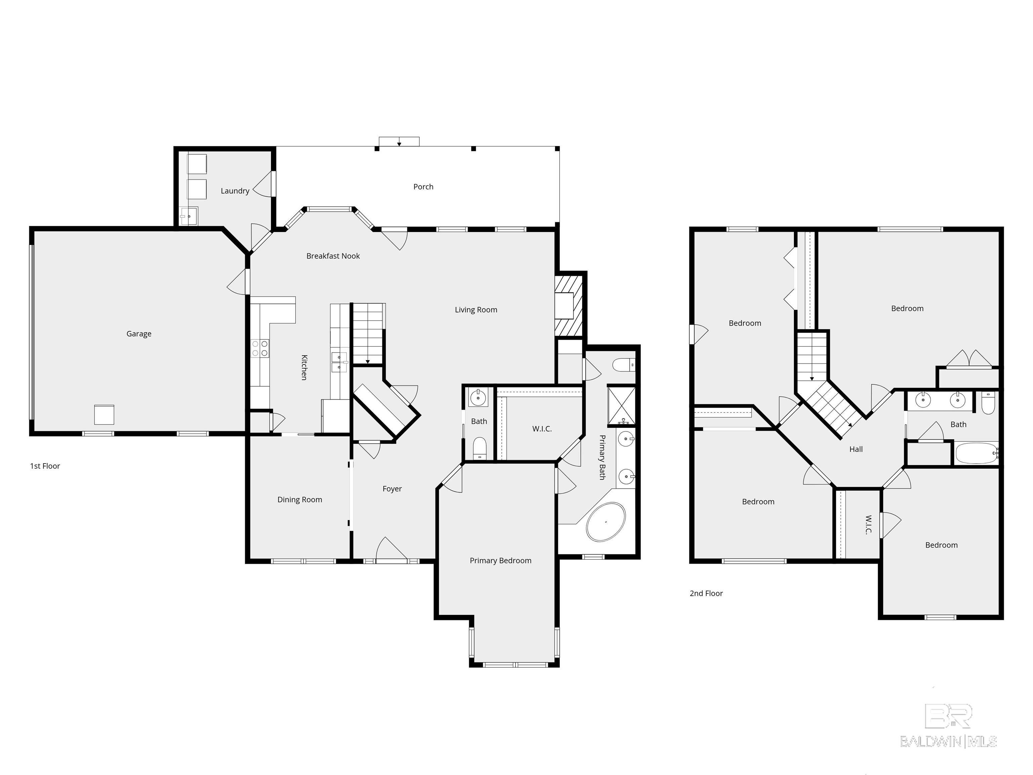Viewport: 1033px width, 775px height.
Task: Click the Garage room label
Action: (139, 334)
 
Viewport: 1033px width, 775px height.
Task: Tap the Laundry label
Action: (235, 191)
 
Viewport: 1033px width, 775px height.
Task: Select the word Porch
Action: (423, 186)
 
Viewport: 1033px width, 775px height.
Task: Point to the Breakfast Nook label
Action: (333, 256)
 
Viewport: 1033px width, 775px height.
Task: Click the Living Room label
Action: (476, 309)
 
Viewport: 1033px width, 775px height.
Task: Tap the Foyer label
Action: (392, 489)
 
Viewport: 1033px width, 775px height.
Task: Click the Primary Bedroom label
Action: (500, 560)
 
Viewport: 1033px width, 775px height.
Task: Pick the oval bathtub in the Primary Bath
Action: (606, 522)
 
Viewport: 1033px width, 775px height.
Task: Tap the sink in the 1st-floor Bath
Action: (478, 398)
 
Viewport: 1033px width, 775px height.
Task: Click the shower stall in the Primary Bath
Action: (621, 405)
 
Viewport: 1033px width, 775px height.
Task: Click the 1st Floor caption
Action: (45, 466)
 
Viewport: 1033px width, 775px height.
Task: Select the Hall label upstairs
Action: (855, 449)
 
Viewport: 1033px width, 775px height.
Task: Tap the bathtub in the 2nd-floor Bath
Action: (976, 453)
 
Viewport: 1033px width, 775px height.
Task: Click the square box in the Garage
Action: (104, 414)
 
